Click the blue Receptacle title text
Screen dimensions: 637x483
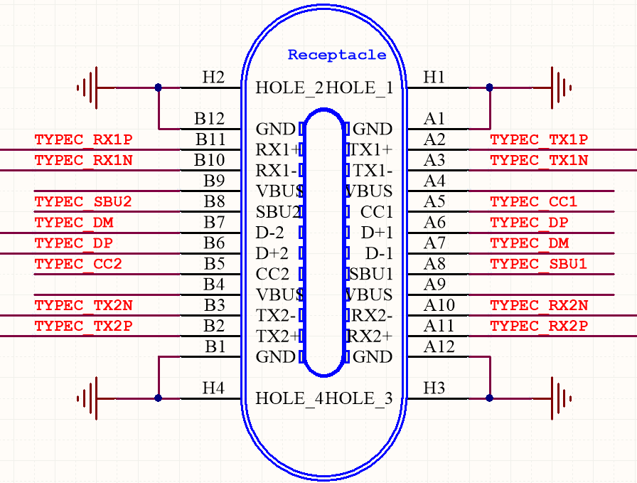(337, 55)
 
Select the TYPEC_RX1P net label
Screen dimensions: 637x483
(83, 140)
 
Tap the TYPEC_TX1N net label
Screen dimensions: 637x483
(539, 161)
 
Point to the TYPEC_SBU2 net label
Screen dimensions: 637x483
(83, 202)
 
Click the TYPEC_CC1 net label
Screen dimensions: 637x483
(534, 202)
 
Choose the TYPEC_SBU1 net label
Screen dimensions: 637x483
(539, 265)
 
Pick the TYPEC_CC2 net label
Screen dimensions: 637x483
(78, 265)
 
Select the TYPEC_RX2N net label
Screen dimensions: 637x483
(539, 306)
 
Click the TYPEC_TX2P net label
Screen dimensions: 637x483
(83, 327)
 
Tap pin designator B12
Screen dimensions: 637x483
(209, 119)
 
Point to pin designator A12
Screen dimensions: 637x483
(439, 347)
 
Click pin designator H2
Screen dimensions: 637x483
(213, 78)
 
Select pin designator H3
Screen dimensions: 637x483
(434, 388)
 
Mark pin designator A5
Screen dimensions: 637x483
(434, 201)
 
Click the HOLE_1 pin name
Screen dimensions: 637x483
(360, 88)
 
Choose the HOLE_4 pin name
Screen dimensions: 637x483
(289, 398)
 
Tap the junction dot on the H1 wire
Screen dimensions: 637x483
(490, 87)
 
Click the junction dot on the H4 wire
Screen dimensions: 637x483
(159, 398)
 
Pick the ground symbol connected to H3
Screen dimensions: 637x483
(556, 398)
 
